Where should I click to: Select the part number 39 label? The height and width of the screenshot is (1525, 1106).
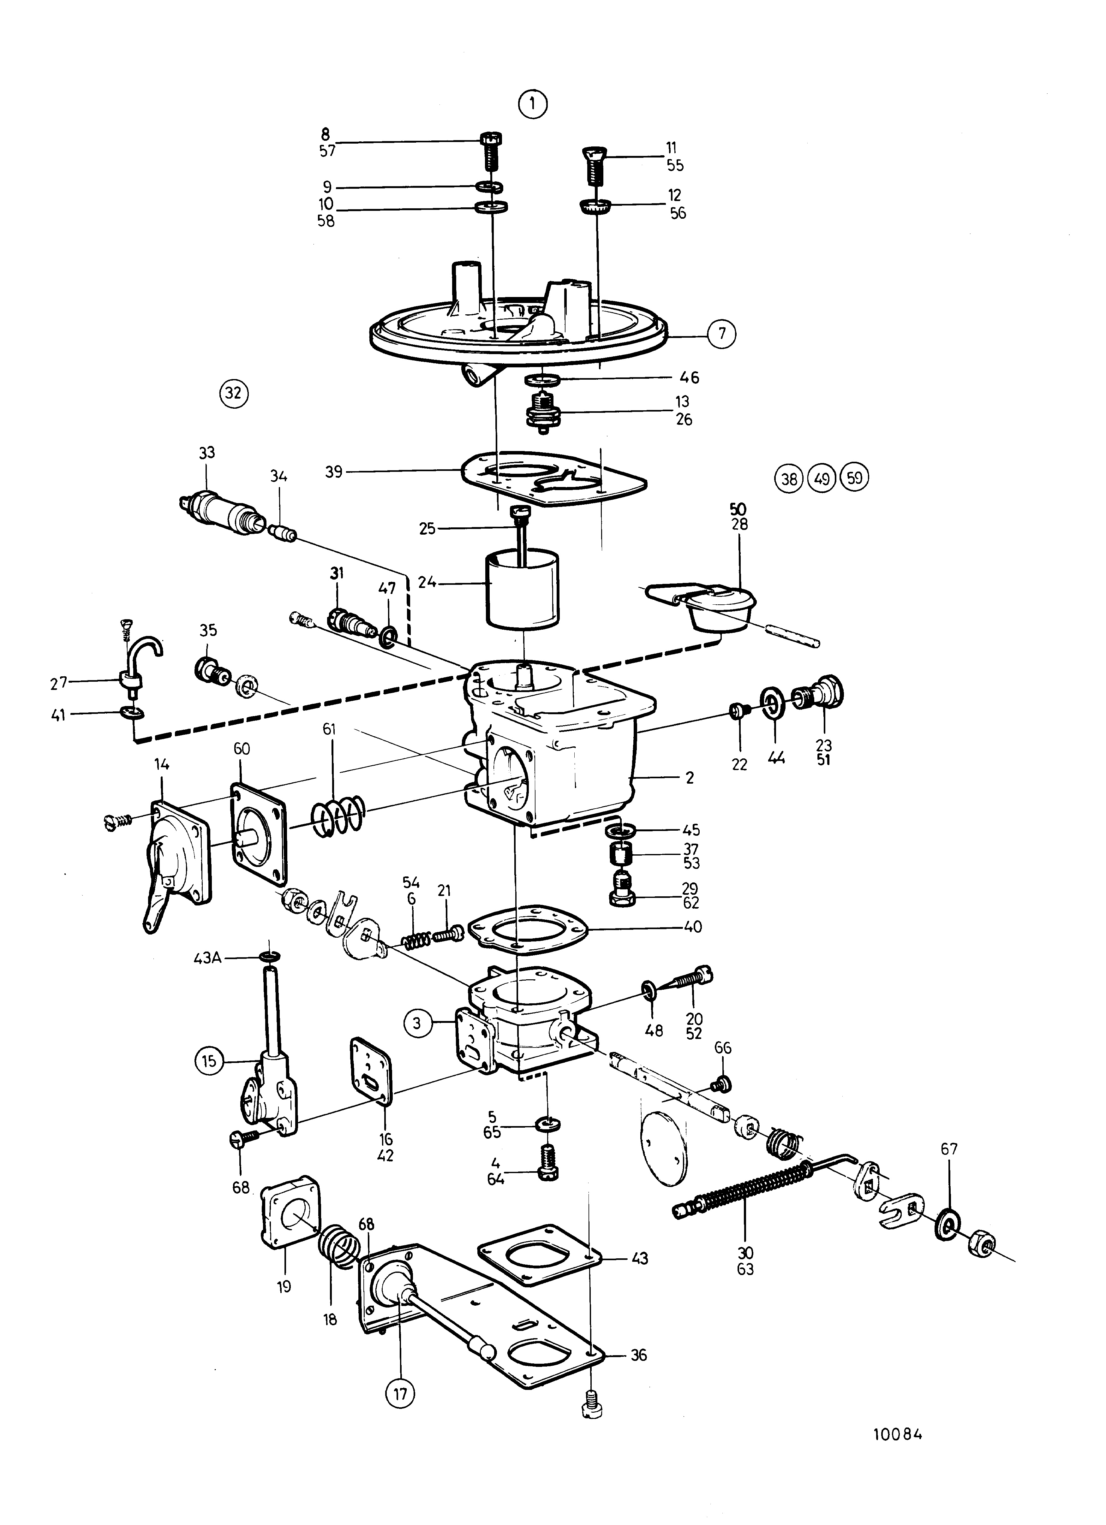click(x=334, y=472)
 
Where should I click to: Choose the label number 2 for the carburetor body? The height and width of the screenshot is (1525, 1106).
click(x=690, y=778)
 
